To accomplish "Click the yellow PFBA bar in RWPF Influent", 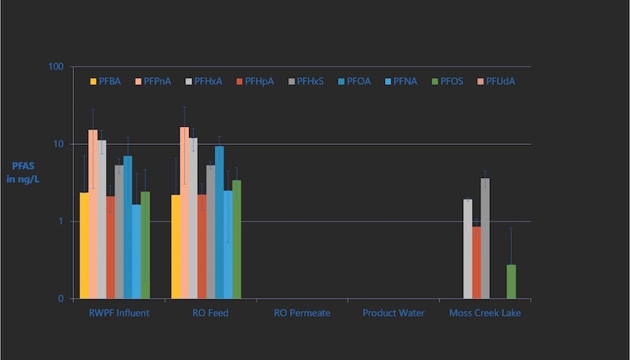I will coord(83,245).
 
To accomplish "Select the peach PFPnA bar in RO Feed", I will coord(184,213).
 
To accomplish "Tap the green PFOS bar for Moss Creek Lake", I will coord(511,281).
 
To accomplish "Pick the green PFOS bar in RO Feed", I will coord(236,239).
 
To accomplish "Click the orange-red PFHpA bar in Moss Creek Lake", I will coord(476,262).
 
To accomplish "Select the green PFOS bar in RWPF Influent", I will coord(145,245).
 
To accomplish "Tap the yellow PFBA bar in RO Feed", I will coord(176,247).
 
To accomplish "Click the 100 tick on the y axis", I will coord(55,67).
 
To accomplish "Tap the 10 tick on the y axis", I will coord(57,144).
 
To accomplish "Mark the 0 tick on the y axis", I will coord(60,299).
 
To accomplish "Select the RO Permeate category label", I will coord(302,314).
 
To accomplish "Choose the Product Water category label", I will coord(393,314).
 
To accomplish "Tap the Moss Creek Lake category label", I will coord(485,314).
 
